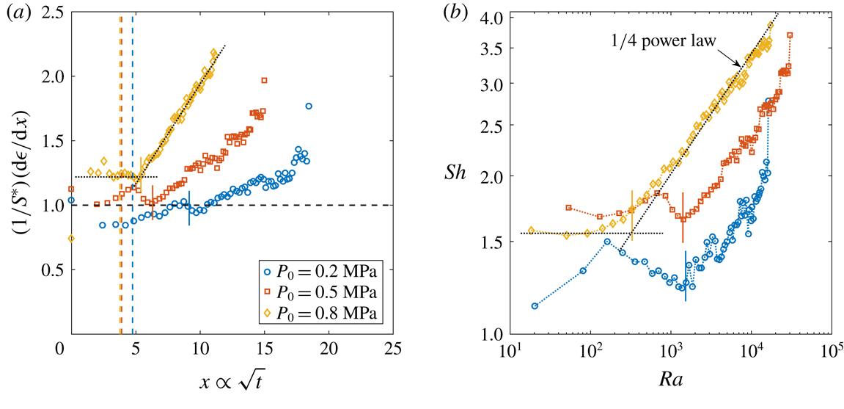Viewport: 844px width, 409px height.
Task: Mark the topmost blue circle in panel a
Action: click(309, 106)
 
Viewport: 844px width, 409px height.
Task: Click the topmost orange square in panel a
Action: click(264, 80)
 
